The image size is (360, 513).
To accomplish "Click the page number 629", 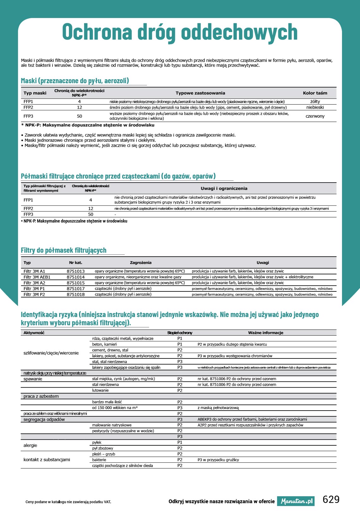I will (x=331, y=499).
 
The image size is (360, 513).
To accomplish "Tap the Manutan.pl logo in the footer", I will (x=296, y=501).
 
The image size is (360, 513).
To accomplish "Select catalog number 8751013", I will (x=76, y=271).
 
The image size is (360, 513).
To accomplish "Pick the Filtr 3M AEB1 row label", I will (x=37, y=277).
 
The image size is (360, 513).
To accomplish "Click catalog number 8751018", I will (x=76, y=294).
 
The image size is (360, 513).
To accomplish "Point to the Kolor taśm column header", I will (x=315, y=93).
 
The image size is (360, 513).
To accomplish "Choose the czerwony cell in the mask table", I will (x=315, y=116).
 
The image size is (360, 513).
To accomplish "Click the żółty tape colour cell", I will (x=315, y=101).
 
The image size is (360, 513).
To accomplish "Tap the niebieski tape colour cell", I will (x=315, y=107).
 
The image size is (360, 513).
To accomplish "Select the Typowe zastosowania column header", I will (x=200, y=93).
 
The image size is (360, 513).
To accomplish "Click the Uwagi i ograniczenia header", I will (x=224, y=188).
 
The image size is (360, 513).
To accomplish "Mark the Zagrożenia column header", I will (x=141, y=263).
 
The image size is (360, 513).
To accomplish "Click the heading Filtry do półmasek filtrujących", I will (x=64, y=250).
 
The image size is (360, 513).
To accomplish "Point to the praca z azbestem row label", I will (x=41, y=396).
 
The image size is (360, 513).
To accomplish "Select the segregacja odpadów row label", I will (x=44, y=419).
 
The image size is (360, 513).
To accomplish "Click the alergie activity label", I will (x=30, y=445).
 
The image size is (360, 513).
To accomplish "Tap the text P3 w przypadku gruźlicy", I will (x=218, y=460).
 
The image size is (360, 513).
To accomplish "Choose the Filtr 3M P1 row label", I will (x=34, y=289).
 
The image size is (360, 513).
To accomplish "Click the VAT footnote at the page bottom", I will (x=68, y=502).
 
